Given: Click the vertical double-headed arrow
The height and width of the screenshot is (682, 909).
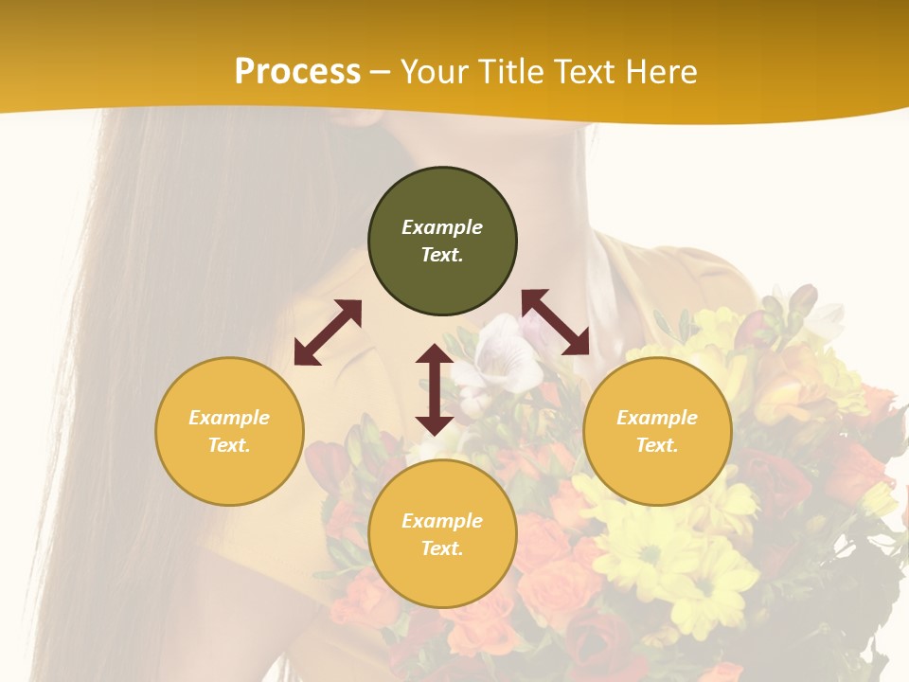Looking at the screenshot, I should click(435, 389).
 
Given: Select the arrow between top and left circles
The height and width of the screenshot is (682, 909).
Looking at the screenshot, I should click(328, 332).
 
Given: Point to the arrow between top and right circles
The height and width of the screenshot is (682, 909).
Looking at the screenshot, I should click(555, 322).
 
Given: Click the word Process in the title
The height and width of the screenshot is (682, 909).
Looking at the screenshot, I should click(297, 71).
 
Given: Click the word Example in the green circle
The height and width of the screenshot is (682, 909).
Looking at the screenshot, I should click(442, 227).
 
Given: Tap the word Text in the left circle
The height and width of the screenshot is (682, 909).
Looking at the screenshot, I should click(229, 445).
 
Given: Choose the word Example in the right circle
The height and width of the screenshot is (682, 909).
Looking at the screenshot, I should click(657, 418).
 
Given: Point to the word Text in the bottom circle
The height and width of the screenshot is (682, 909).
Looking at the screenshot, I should click(442, 548).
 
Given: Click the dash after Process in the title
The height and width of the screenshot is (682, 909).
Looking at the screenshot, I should click(381, 72).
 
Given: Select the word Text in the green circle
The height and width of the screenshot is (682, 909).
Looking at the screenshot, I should click(442, 255).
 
